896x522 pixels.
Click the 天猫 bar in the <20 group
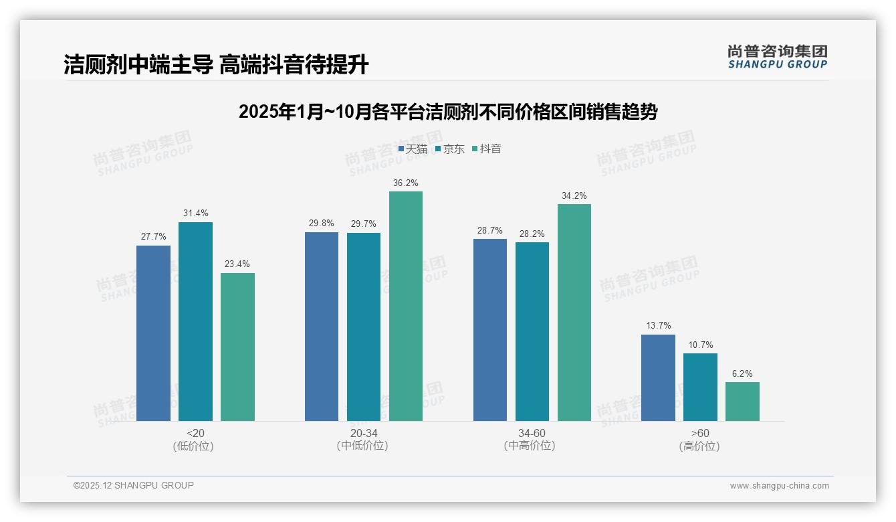tap(153, 333)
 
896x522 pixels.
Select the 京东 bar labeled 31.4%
tap(195, 321)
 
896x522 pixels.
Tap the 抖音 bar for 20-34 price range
tap(406, 306)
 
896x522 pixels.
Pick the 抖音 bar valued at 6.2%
tap(742, 402)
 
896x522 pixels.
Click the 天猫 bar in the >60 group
tap(658, 377)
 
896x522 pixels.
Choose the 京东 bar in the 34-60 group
tap(532, 331)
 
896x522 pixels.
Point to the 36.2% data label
tap(406, 183)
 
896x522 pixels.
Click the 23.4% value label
tap(237, 264)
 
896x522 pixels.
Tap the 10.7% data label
tap(700, 345)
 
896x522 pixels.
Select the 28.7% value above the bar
tap(490, 230)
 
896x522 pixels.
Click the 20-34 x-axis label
tap(363, 433)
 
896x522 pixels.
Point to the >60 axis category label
tap(700, 433)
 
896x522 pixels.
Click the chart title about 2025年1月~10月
tap(448, 112)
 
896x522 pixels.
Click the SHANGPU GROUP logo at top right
tap(777, 57)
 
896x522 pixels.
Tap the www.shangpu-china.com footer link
tap(779, 486)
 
